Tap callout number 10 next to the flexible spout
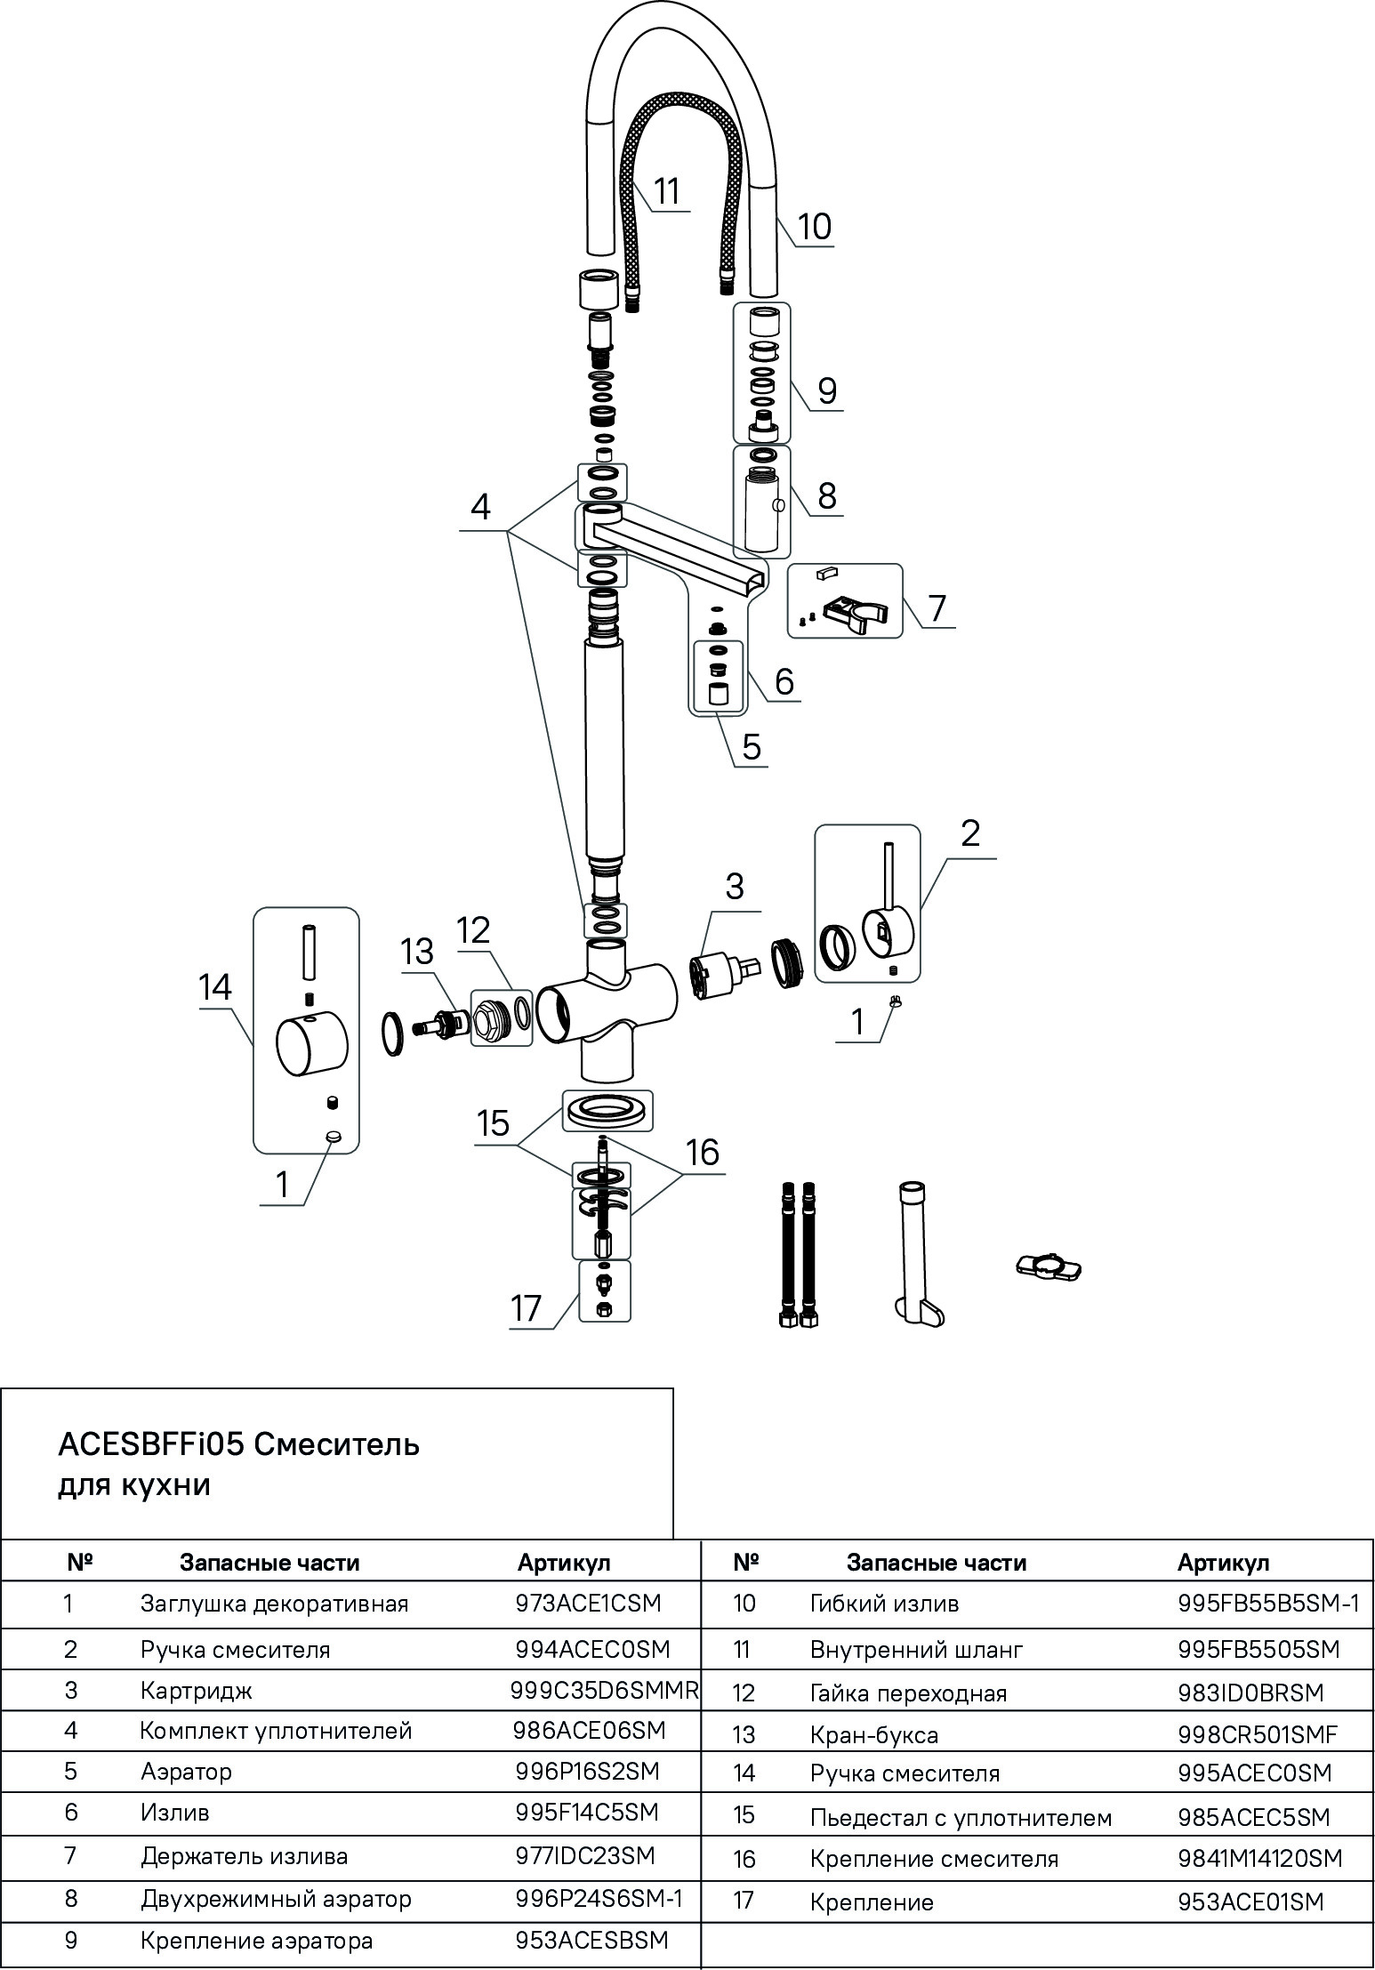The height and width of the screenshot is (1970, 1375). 814,226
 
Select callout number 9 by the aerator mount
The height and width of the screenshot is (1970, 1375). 827,390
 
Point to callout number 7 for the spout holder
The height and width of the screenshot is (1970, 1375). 937,608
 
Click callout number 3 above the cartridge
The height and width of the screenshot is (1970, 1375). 735,887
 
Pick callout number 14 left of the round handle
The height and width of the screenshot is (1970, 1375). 215,987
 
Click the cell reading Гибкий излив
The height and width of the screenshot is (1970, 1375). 884,1604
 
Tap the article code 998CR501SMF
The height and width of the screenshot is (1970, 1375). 1258,1733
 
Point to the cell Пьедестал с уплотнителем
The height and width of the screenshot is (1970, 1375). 961,1818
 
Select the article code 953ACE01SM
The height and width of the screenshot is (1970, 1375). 1250,1902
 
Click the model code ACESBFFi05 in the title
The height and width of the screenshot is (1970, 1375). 151,1444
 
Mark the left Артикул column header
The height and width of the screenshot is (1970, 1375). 564,1562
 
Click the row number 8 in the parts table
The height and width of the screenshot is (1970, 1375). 71,1899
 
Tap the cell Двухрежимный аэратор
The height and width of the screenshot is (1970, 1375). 276,1899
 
